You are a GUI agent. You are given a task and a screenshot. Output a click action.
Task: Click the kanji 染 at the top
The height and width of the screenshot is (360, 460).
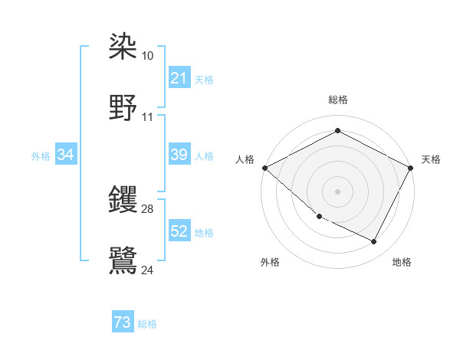pos(123,47)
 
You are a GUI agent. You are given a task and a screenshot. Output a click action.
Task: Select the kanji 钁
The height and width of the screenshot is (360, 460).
pos(123,200)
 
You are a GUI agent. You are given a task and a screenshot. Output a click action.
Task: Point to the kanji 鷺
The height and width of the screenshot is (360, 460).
pos(123,260)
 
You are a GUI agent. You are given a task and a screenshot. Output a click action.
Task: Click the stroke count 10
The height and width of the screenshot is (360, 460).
pos(148,56)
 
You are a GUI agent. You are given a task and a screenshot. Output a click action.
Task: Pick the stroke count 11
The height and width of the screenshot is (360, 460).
pos(148,117)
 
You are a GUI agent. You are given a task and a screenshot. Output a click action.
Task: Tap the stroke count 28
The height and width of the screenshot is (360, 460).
pos(148,209)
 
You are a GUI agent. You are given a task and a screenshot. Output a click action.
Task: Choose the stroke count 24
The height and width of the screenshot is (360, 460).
pos(148,270)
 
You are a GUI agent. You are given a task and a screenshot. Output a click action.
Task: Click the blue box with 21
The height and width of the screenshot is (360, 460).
pos(179,78)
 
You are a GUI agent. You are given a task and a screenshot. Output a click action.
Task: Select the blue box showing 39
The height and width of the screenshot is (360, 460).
pos(179,155)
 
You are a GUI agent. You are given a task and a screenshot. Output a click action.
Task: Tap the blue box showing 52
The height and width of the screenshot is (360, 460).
pos(179,231)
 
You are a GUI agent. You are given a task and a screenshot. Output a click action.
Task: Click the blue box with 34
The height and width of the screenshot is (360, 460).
pos(66,155)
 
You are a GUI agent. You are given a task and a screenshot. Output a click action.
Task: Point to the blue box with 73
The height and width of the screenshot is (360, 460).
pos(123,322)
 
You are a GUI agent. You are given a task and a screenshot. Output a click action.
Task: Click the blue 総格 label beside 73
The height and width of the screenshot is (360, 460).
pos(147,324)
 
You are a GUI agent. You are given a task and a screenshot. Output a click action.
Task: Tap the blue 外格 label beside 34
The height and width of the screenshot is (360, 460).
pos(41,156)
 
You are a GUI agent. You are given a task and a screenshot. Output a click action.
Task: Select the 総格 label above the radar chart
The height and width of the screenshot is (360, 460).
pos(337,100)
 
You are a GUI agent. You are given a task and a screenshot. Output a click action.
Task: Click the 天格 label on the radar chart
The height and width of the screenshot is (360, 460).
pos(431,159)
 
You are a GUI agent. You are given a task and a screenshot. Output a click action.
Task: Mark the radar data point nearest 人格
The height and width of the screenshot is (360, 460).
pos(264,167)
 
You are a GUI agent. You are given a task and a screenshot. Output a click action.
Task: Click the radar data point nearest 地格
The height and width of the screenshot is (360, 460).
pos(374,241)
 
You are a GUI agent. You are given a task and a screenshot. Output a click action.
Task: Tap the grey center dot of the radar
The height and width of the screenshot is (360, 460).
pos(337,191)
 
